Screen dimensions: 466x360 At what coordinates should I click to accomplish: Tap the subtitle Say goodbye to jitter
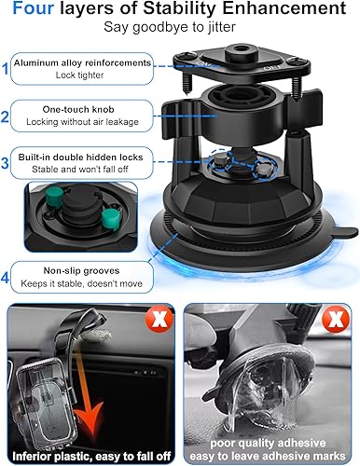coord(180,31)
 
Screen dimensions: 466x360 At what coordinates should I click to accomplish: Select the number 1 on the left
coord(7,68)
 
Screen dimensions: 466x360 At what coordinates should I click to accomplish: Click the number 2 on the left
coord(7,118)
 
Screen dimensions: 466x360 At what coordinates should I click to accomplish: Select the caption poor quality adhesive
coord(270,438)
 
